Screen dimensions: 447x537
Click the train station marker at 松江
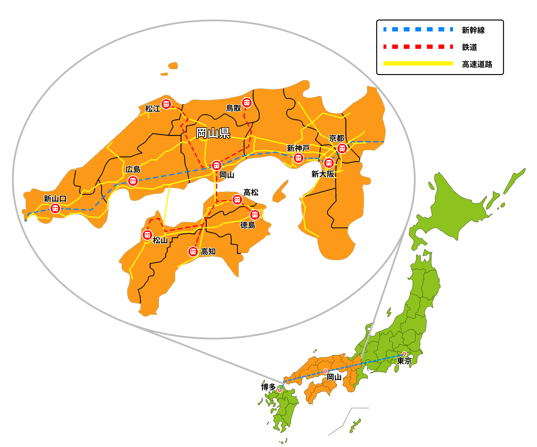[166, 104]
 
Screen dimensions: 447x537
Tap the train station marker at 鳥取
[247, 103]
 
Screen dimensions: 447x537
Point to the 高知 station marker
[193, 252]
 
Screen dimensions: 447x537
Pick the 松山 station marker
[147, 235]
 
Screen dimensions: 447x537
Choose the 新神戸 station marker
[298, 158]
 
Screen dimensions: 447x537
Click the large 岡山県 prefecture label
[213, 133]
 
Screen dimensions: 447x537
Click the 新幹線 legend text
[473, 30]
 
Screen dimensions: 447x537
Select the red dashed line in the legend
[418, 47]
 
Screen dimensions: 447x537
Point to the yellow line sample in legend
[418, 63]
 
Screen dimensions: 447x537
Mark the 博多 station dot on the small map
[280, 390]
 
